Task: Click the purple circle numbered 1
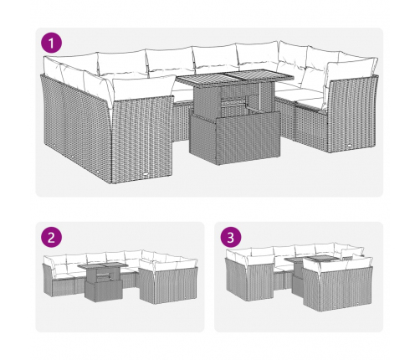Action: point(51,44)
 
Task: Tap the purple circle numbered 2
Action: point(51,238)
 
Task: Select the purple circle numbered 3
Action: point(231,238)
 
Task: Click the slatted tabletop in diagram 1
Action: point(234,77)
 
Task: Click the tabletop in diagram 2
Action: point(103,265)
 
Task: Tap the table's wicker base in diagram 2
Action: point(104,291)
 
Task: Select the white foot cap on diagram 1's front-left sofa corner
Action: point(146,174)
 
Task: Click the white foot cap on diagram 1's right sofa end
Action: point(351,146)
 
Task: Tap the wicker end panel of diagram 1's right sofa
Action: point(353,115)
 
